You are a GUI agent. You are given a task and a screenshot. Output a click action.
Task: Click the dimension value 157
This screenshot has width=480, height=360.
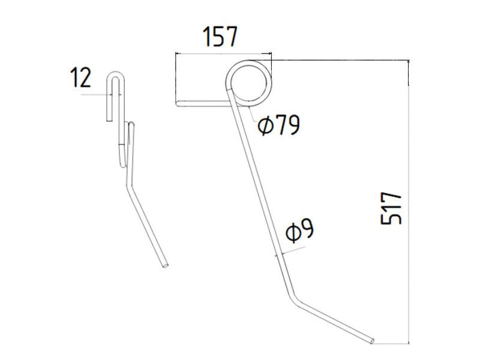tap(221, 37)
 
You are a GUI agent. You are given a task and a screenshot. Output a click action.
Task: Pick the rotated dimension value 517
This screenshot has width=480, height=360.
tap(391, 208)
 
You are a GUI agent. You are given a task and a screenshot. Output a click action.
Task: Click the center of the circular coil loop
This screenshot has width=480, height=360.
tap(250, 82)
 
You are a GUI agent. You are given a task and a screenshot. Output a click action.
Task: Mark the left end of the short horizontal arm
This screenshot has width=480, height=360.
tap(178, 104)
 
